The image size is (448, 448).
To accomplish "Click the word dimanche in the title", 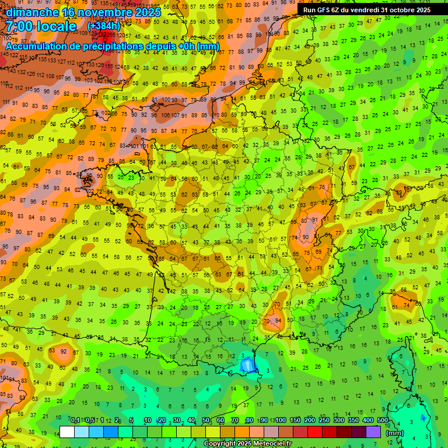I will click(x=32, y=12).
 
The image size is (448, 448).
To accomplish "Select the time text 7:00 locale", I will click(x=41, y=27).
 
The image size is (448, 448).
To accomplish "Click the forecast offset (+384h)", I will click(x=103, y=26).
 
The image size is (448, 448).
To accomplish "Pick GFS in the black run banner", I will click(x=325, y=10).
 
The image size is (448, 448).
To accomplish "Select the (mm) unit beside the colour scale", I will click(x=395, y=433).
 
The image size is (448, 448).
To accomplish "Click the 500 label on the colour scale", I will click(x=382, y=421).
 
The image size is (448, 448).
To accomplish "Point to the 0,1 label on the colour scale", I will click(x=75, y=421).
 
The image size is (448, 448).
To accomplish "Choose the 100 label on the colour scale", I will click(x=281, y=421).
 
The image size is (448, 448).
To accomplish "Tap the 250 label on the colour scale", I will click(x=324, y=421).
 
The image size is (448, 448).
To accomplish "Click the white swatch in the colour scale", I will click(x=67, y=432).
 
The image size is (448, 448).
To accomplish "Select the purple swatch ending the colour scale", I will click(x=373, y=432).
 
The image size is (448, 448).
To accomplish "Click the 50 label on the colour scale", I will click(x=206, y=421).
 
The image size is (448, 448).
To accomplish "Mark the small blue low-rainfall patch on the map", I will click(x=247, y=366).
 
